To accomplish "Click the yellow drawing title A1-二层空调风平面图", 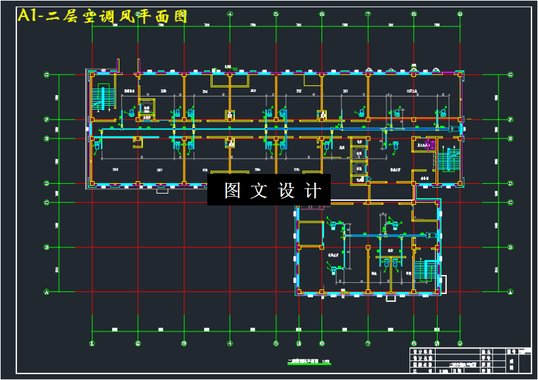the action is pyautogui.click(x=103, y=16).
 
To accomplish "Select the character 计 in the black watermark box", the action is pyautogui.click(x=314, y=190).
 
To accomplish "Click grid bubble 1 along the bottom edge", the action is pyautogui.click(x=93, y=342).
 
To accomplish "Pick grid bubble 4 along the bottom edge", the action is pyautogui.click(x=230, y=342).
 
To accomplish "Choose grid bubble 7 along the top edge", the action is pyautogui.click(x=368, y=14).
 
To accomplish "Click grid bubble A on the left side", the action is pyautogui.click(x=46, y=291).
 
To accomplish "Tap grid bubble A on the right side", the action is pyautogui.click(x=510, y=291).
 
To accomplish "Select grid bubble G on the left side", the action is pyautogui.click(x=46, y=75).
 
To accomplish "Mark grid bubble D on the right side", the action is pyautogui.click(x=510, y=183).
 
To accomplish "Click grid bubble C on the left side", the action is pyautogui.click(x=46, y=202).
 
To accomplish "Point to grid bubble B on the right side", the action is pyautogui.click(x=510, y=247).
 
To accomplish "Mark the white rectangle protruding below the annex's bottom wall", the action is pyautogui.click(x=390, y=299).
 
